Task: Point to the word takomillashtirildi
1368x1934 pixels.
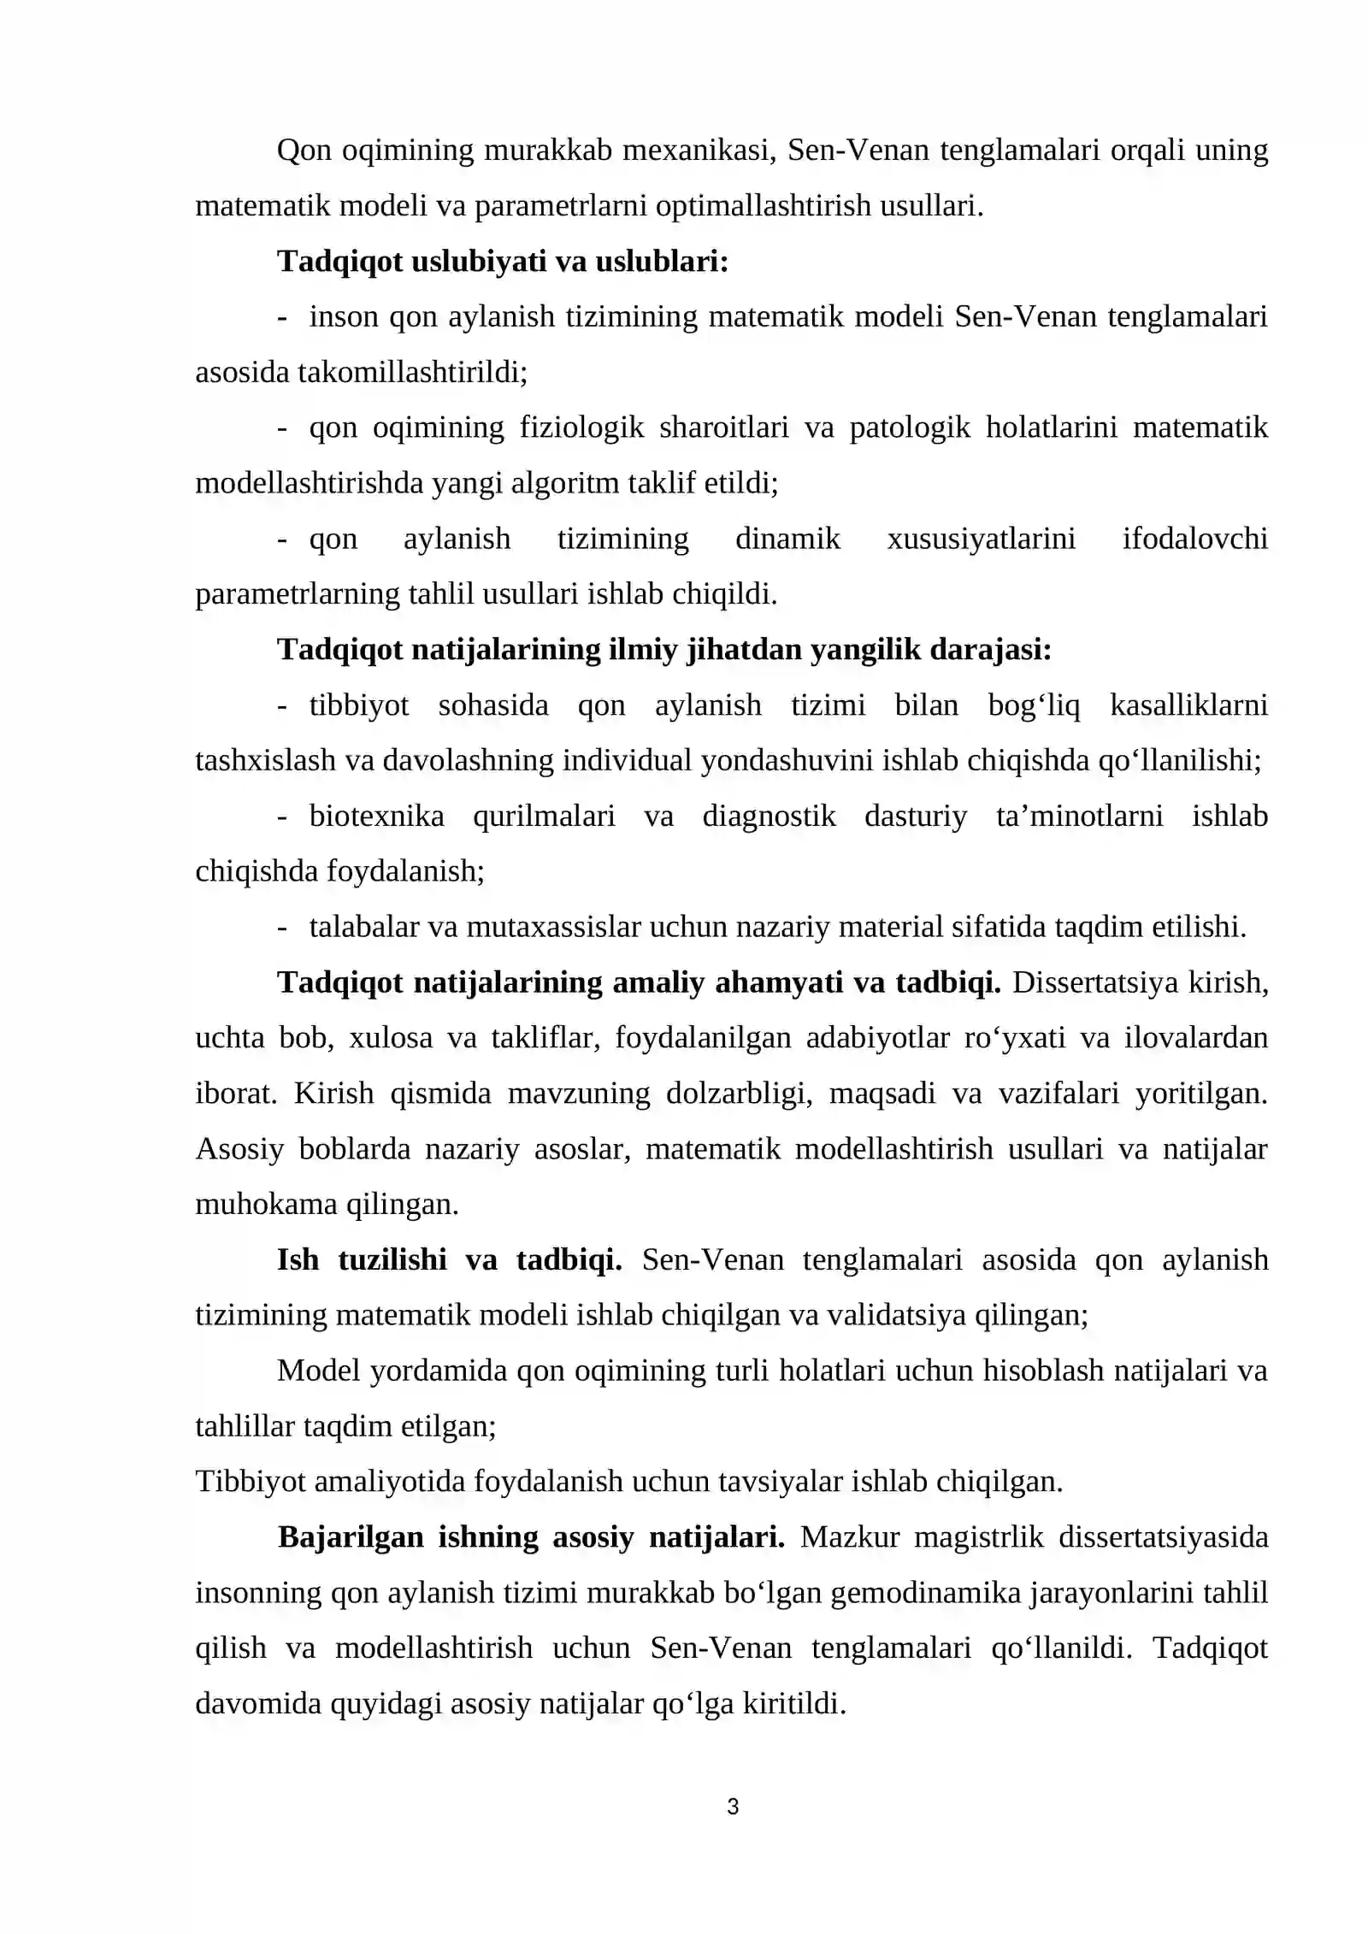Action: [412, 373]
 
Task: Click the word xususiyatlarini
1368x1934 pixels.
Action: [981, 540]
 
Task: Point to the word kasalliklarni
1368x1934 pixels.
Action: [1188, 705]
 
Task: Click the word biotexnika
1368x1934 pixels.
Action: [376, 817]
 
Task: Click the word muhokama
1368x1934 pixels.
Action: [266, 1206]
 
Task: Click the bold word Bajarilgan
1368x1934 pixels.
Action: [351, 1538]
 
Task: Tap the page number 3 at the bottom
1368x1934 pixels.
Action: [732, 1807]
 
